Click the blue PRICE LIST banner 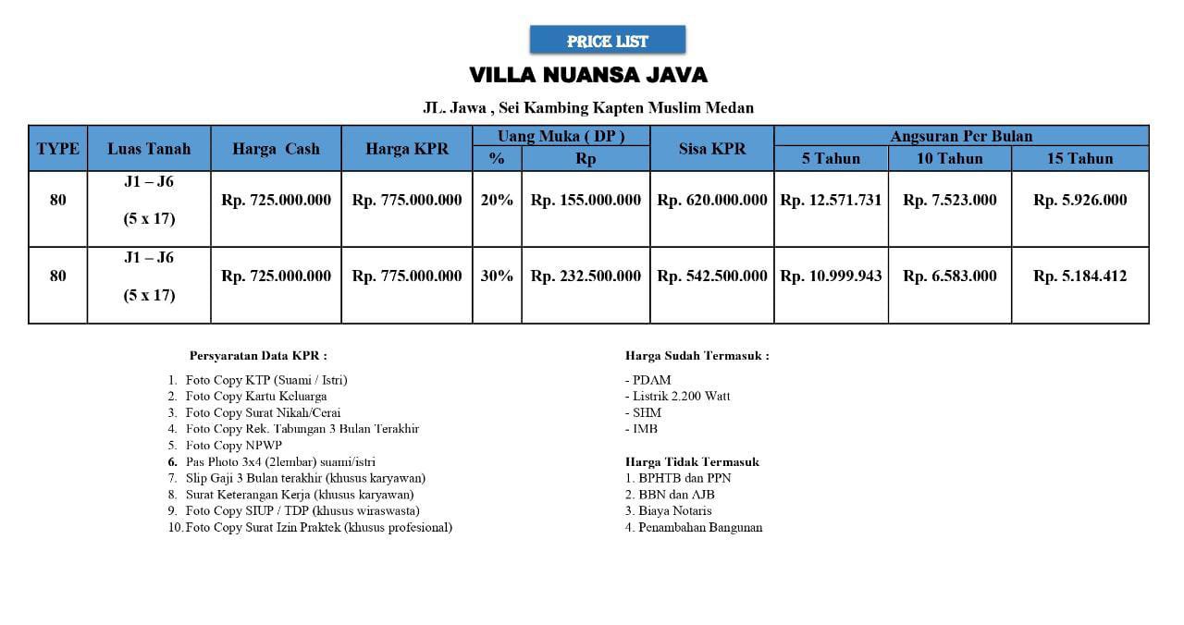(x=607, y=41)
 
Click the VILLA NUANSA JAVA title (x=588, y=75)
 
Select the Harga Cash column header (x=276, y=149)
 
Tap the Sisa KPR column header (x=711, y=149)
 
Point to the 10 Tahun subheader (x=949, y=159)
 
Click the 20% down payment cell (x=497, y=200)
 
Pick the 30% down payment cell (x=497, y=276)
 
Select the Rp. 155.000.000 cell (x=586, y=200)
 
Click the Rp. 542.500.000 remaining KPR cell (x=711, y=276)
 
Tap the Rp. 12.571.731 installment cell (x=831, y=200)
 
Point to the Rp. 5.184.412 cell (x=1079, y=276)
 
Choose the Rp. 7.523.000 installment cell (x=949, y=200)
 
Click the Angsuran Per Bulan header (x=961, y=136)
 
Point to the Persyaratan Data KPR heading (x=258, y=355)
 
